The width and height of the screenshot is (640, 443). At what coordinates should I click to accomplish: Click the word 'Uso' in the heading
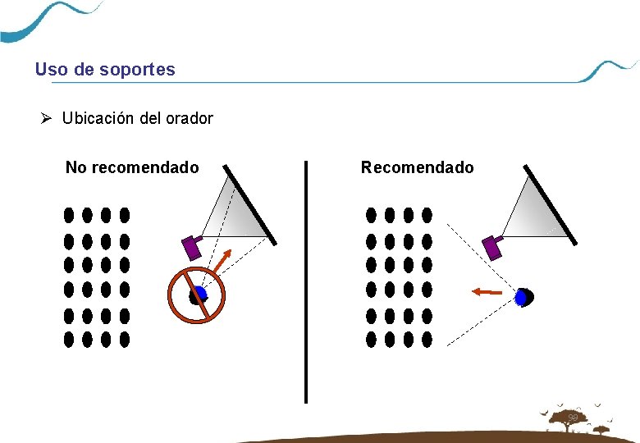coord(52,70)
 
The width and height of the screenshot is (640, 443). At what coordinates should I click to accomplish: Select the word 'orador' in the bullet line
coord(190,118)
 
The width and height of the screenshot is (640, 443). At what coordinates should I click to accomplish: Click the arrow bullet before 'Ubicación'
coord(48,118)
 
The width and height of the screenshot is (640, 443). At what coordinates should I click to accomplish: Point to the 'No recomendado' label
coord(132,167)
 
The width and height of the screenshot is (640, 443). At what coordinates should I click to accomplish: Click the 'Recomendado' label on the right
coord(417,167)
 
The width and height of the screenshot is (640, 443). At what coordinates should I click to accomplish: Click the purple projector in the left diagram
coord(192,246)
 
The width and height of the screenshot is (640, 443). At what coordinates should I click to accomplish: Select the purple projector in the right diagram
coord(492,246)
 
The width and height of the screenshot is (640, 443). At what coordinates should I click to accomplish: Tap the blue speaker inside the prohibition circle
coord(200,294)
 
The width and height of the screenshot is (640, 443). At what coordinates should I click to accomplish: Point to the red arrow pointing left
coord(487,290)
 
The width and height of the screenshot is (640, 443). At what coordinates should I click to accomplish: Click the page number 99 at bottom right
coord(573,419)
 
